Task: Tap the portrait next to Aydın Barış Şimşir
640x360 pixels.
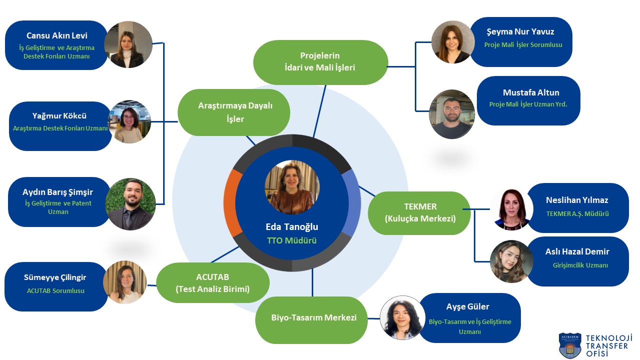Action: tap(132, 204)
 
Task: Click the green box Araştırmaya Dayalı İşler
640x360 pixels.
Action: tap(234, 112)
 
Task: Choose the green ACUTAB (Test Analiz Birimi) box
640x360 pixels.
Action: tap(213, 283)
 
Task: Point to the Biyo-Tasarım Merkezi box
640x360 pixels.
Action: tap(314, 318)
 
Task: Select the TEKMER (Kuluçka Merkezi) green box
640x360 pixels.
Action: tap(420, 212)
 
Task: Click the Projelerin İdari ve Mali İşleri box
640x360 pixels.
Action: tap(320, 62)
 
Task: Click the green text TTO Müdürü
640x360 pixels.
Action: tap(292, 240)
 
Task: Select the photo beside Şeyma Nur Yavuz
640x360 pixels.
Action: tap(453, 42)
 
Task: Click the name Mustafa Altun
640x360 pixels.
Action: tap(531, 92)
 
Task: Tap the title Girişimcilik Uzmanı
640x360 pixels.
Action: tap(577, 265)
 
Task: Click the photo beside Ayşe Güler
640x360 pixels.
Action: tap(402, 318)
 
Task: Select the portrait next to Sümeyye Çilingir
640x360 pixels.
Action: tap(125, 282)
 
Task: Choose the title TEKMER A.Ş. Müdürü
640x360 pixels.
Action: tap(577, 213)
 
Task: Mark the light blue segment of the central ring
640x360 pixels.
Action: tap(352, 202)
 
